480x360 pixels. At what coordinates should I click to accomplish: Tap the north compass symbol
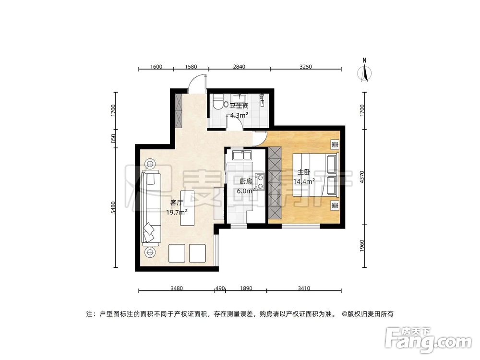tap(365, 72)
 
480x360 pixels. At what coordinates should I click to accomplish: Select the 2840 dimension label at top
tap(239, 67)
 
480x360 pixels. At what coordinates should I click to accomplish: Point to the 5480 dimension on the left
tap(114, 207)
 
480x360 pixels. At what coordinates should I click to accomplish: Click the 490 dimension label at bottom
tap(220, 288)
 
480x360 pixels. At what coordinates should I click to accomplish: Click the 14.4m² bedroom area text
tap(306, 181)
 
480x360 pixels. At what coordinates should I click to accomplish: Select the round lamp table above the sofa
tap(151, 164)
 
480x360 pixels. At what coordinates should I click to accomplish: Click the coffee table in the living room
tap(187, 208)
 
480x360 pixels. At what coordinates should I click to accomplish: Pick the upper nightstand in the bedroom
tap(335, 144)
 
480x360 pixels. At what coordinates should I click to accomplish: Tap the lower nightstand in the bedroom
tap(335, 205)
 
